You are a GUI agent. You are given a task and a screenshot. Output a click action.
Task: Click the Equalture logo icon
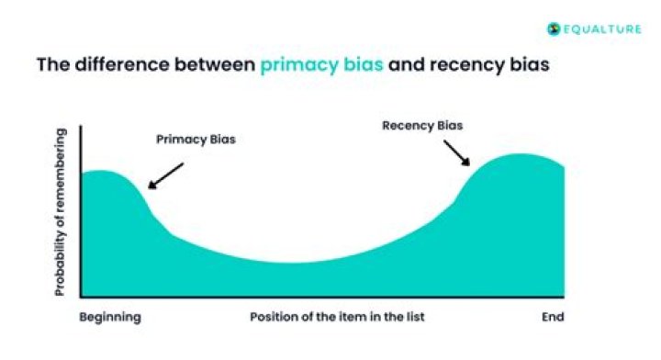[554, 28]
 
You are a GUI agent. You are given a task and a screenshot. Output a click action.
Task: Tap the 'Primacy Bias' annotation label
[195, 141]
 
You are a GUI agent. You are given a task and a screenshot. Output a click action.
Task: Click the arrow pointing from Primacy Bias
[165, 175]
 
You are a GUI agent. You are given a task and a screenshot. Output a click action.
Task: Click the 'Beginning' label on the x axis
[110, 317]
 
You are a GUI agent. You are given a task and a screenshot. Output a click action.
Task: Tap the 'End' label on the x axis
[551, 317]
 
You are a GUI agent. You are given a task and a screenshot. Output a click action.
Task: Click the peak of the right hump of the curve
[521, 155]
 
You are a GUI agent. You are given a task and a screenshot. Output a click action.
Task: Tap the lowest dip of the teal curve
[294, 263]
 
